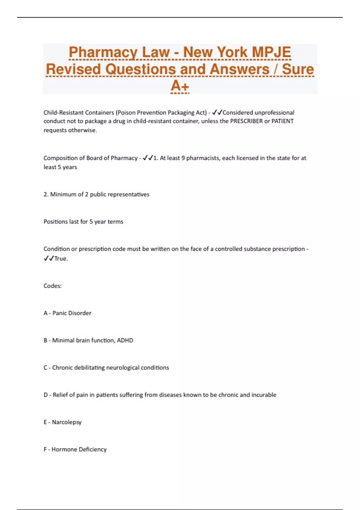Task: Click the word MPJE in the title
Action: (x=271, y=52)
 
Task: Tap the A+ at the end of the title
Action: (x=180, y=86)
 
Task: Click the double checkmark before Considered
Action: (x=217, y=112)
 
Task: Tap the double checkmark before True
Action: (x=49, y=259)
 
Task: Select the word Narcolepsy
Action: (x=67, y=422)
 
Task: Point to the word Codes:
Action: (x=52, y=286)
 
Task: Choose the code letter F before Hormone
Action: (x=45, y=449)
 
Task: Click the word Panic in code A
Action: (x=59, y=313)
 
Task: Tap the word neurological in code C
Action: (x=123, y=367)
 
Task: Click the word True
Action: (x=61, y=259)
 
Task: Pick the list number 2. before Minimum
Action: (x=46, y=194)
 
